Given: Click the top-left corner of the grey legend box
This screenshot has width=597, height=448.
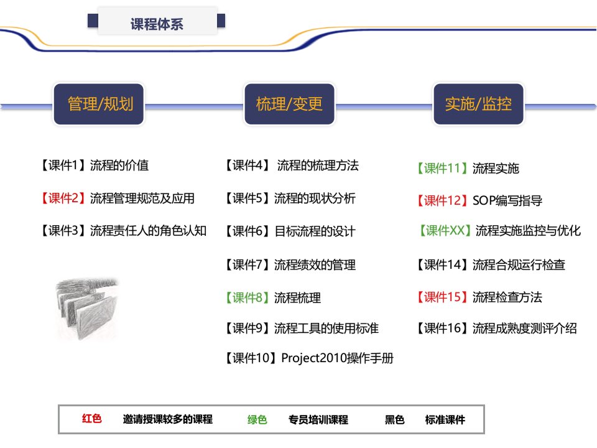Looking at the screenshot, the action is click(x=58, y=405).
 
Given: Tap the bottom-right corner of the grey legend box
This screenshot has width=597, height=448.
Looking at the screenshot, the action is click(x=484, y=434).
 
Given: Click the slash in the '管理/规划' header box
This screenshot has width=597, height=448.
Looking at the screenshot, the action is click(x=100, y=104).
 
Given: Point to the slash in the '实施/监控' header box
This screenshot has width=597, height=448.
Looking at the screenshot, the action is click(x=478, y=104).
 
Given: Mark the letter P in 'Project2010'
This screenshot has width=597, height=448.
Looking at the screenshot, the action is click(x=285, y=358).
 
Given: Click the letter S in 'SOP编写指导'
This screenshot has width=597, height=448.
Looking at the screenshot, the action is click(x=476, y=200).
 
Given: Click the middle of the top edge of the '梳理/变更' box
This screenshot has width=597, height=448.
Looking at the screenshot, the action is click(x=289, y=84).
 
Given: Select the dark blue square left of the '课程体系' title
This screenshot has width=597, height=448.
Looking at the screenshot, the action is click(x=93, y=21).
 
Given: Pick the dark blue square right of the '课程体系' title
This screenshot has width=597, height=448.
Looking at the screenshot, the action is click(x=221, y=21).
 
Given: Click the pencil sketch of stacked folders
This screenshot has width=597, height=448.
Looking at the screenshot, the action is click(x=87, y=309).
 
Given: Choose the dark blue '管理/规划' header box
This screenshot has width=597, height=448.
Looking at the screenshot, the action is click(x=99, y=104).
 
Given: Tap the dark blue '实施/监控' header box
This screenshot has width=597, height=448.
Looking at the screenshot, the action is click(x=479, y=104).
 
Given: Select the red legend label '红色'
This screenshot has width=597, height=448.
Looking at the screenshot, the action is click(x=92, y=419).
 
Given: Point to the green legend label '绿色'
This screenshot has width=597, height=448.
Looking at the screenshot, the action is click(x=257, y=419).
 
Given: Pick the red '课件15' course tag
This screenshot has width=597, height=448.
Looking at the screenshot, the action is click(x=442, y=297).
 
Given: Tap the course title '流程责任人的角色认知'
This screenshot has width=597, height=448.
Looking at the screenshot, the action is click(x=148, y=230).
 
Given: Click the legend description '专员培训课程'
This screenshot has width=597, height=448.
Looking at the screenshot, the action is click(x=318, y=419).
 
